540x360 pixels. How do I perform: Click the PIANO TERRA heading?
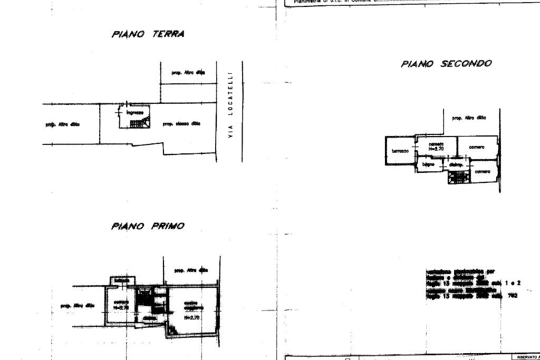(x=148, y=34)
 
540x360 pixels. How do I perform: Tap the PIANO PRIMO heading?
(x=148, y=226)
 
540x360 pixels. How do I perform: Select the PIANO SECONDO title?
(x=446, y=64)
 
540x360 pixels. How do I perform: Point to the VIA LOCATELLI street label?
(x=230, y=104)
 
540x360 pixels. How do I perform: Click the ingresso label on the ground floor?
(x=134, y=112)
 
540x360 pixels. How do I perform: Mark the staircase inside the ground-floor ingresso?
(x=140, y=123)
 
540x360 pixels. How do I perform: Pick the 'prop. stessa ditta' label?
(x=181, y=124)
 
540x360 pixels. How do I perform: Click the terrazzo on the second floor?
(x=400, y=151)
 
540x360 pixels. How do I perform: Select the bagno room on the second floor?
(x=428, y=164)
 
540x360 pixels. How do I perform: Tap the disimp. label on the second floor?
(x=456, y=165)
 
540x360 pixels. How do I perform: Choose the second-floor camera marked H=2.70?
(x=436, y=147)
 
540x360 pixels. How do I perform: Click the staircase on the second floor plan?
(x=458, y=177)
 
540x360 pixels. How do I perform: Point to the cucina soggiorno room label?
(x=191, y=306)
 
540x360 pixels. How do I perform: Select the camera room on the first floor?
(x=121, y=305)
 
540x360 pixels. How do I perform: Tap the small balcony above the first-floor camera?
(x=122, y=280)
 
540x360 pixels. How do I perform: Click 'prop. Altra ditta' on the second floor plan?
(x=469, y=118)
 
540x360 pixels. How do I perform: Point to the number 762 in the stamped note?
(x=513, y=296)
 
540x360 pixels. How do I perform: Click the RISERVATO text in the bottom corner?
(x=525, y=357)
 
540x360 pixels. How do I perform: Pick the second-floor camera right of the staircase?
(x=482, y=172)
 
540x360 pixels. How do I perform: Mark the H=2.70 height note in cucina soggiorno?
(x=191, y=318)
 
